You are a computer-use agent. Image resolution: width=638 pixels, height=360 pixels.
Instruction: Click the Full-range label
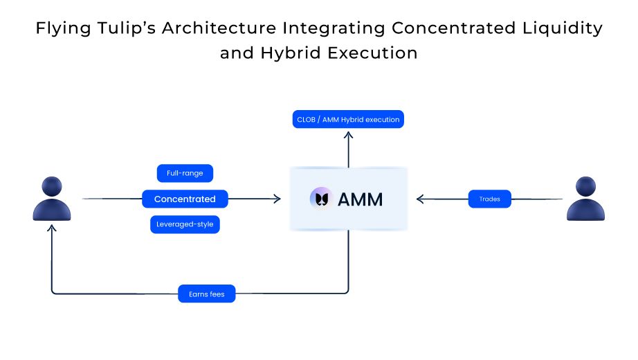tap(185, 173)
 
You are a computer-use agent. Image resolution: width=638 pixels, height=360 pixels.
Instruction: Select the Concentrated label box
tap(185, 199)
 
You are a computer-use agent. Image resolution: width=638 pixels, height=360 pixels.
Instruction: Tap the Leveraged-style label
tap(185, 225)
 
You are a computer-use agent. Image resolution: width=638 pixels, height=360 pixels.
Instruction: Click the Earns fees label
tap(207, 294)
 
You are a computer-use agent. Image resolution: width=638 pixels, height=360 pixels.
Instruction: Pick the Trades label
tap(489, 199)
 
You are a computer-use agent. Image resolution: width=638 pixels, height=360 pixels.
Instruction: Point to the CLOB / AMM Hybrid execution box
tap(348, 120)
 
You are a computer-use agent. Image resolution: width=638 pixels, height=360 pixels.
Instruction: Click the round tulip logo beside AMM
tap(321, 199)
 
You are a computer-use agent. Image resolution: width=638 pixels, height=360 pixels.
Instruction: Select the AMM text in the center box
tap(360, 199)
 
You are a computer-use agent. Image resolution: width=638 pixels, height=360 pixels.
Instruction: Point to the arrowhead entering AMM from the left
tap(277, 199)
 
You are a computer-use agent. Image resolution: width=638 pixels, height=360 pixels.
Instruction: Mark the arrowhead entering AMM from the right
tap(420, 199)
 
